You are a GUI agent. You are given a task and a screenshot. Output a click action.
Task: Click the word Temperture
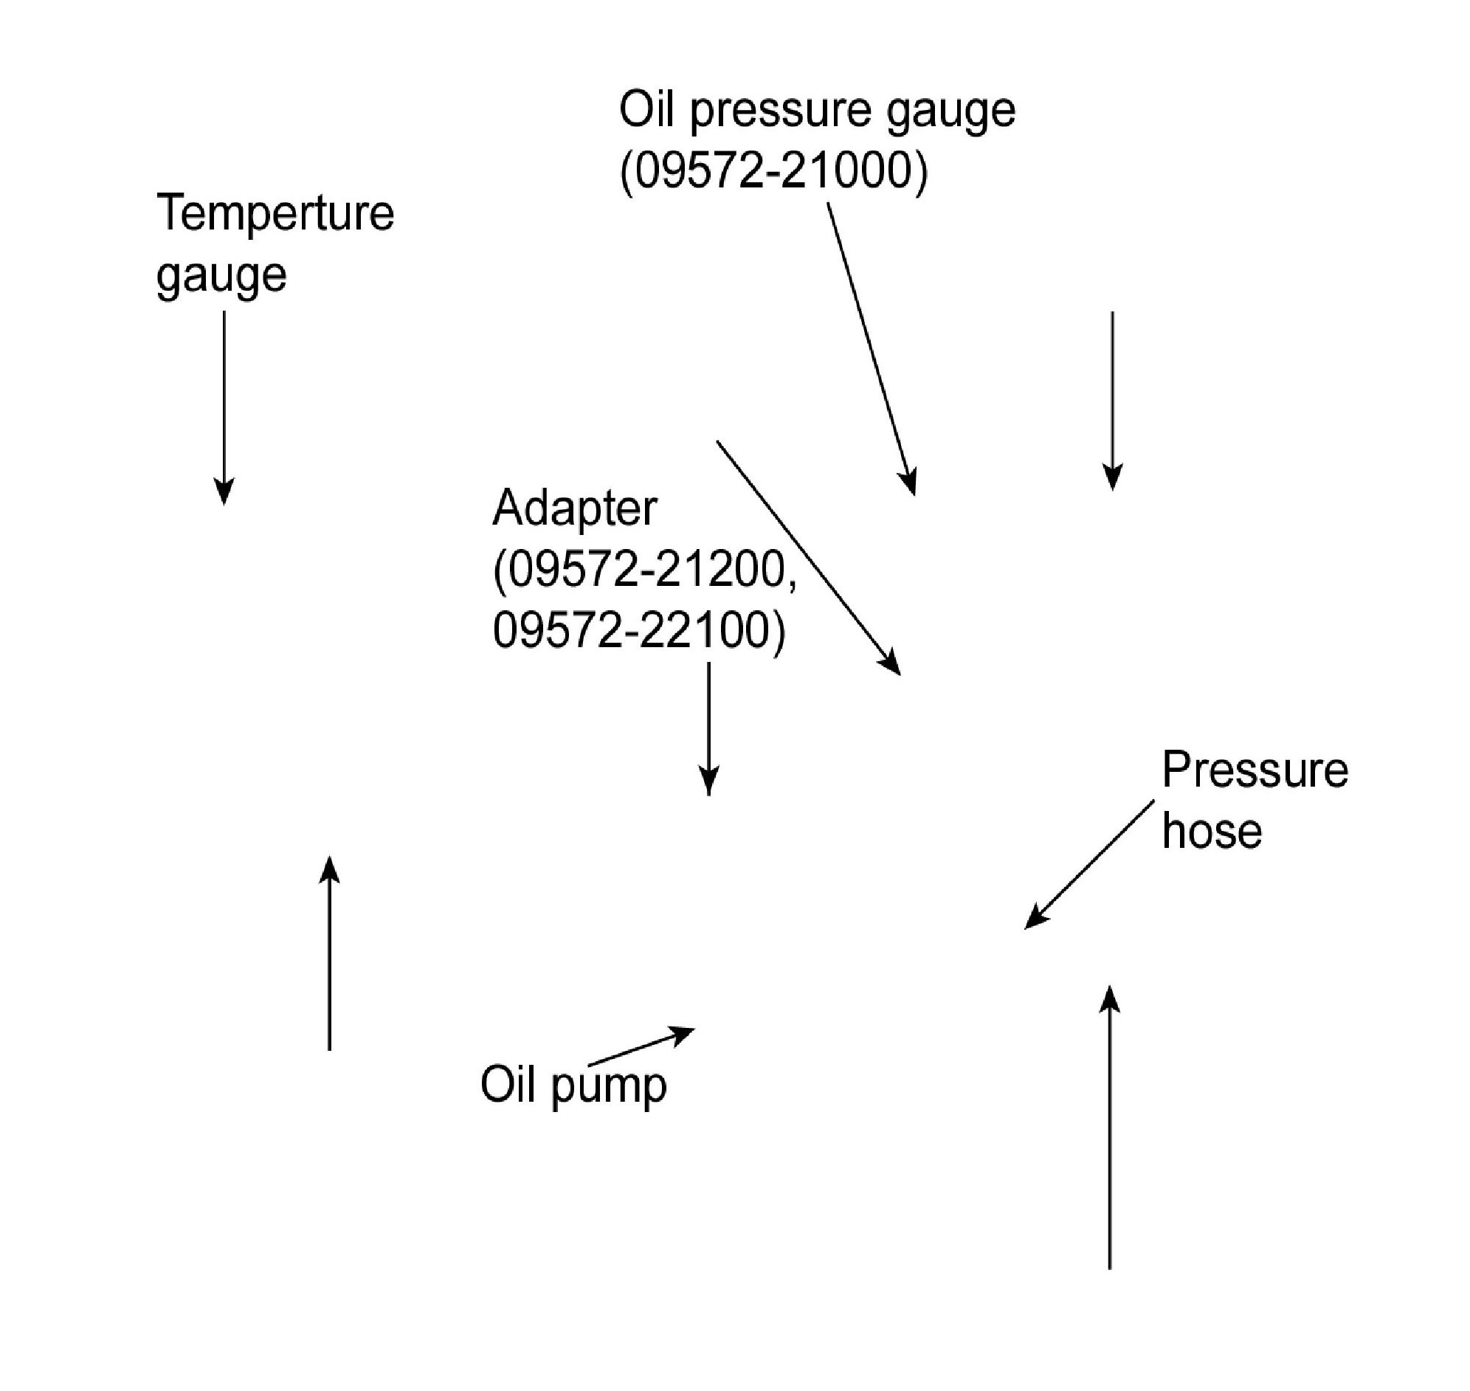tap(275, 213)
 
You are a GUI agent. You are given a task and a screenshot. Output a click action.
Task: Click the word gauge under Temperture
tap(221, 276)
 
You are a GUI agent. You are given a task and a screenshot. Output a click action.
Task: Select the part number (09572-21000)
tap(773, 171)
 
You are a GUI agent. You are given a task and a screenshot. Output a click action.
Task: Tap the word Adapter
tap(575, 510)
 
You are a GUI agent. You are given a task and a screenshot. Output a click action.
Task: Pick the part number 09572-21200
tap(640, 571)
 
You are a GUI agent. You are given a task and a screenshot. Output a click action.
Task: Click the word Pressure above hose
tap(1255, 770)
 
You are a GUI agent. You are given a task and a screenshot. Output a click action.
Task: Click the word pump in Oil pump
tap(610, 1087)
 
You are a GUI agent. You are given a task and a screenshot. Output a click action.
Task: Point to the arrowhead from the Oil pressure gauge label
tap(911, 483)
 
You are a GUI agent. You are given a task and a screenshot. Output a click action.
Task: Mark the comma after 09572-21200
tap(793, 586)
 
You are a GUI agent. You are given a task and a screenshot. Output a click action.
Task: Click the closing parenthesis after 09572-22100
tap(779, 632)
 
